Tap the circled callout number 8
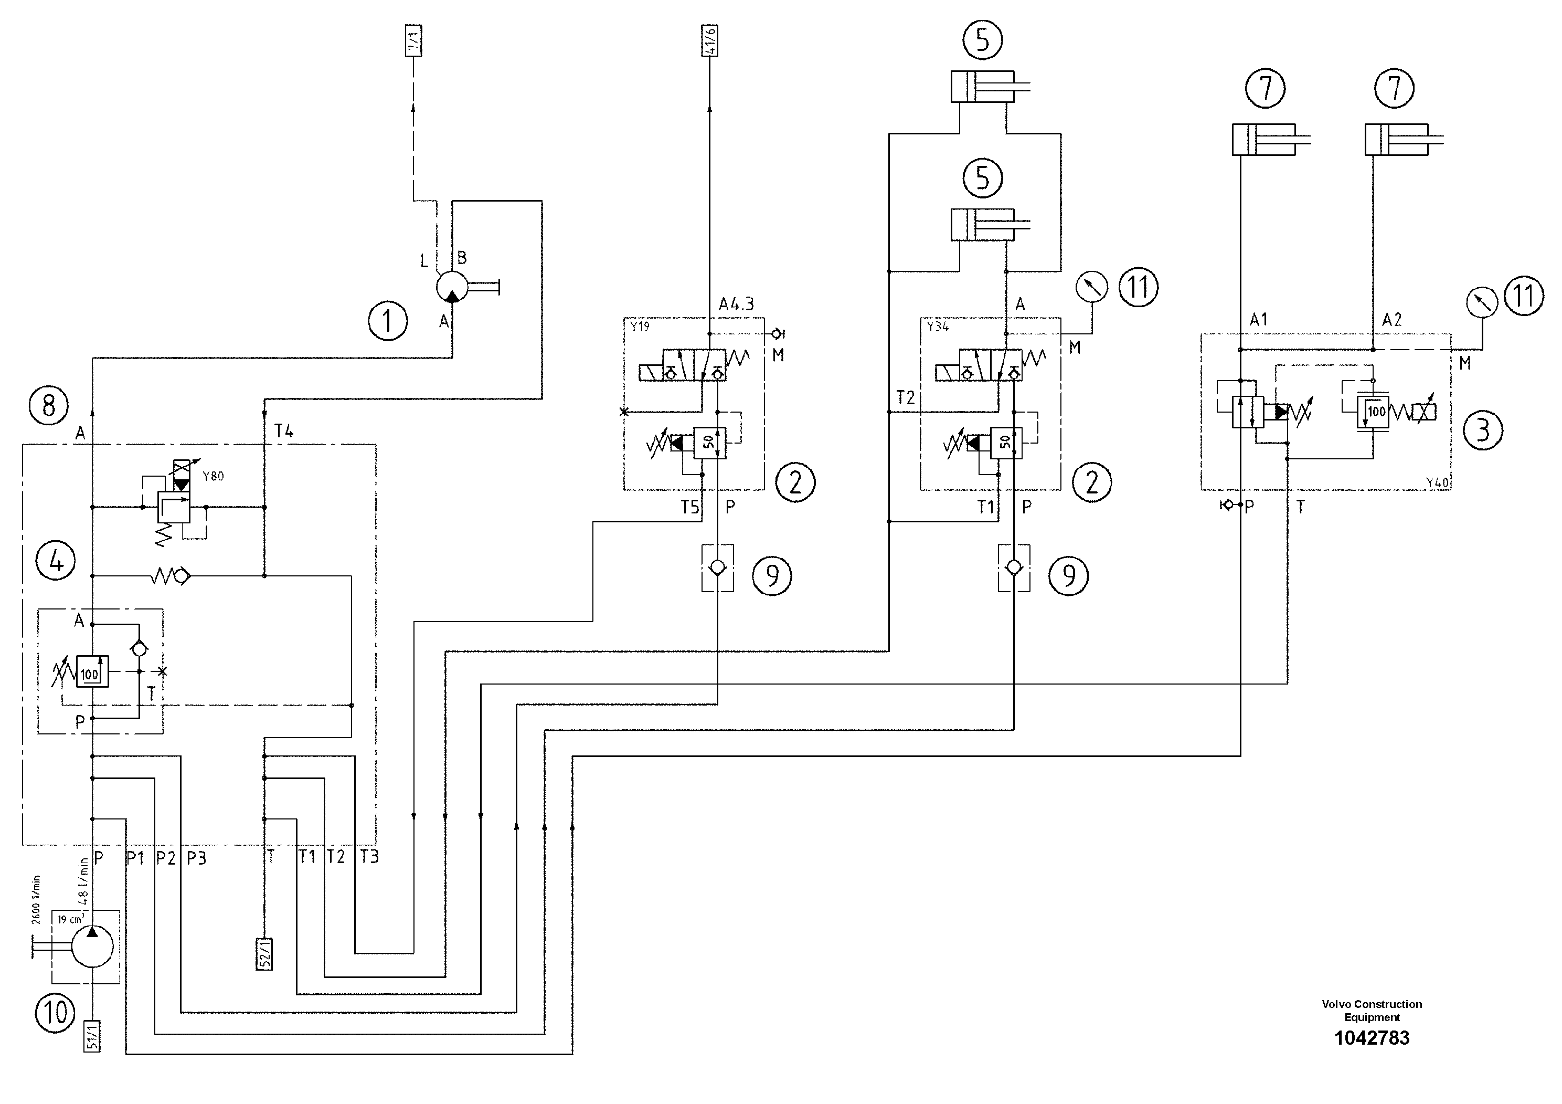coord(48,406)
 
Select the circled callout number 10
coord(55,1012)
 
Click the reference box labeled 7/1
coord(413,42)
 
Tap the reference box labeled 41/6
coord(709,42)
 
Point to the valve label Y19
coord(640,327)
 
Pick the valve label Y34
coord(938,327)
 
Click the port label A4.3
coord(736,304)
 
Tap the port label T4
coord(284,431)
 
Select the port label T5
coord(690,507)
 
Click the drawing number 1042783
coord(1371,1038)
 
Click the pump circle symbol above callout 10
coord(92,946)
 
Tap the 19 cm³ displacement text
coord(70,919)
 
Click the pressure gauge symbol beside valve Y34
coord(1091,287)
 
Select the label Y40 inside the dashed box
coord(1437,482)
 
